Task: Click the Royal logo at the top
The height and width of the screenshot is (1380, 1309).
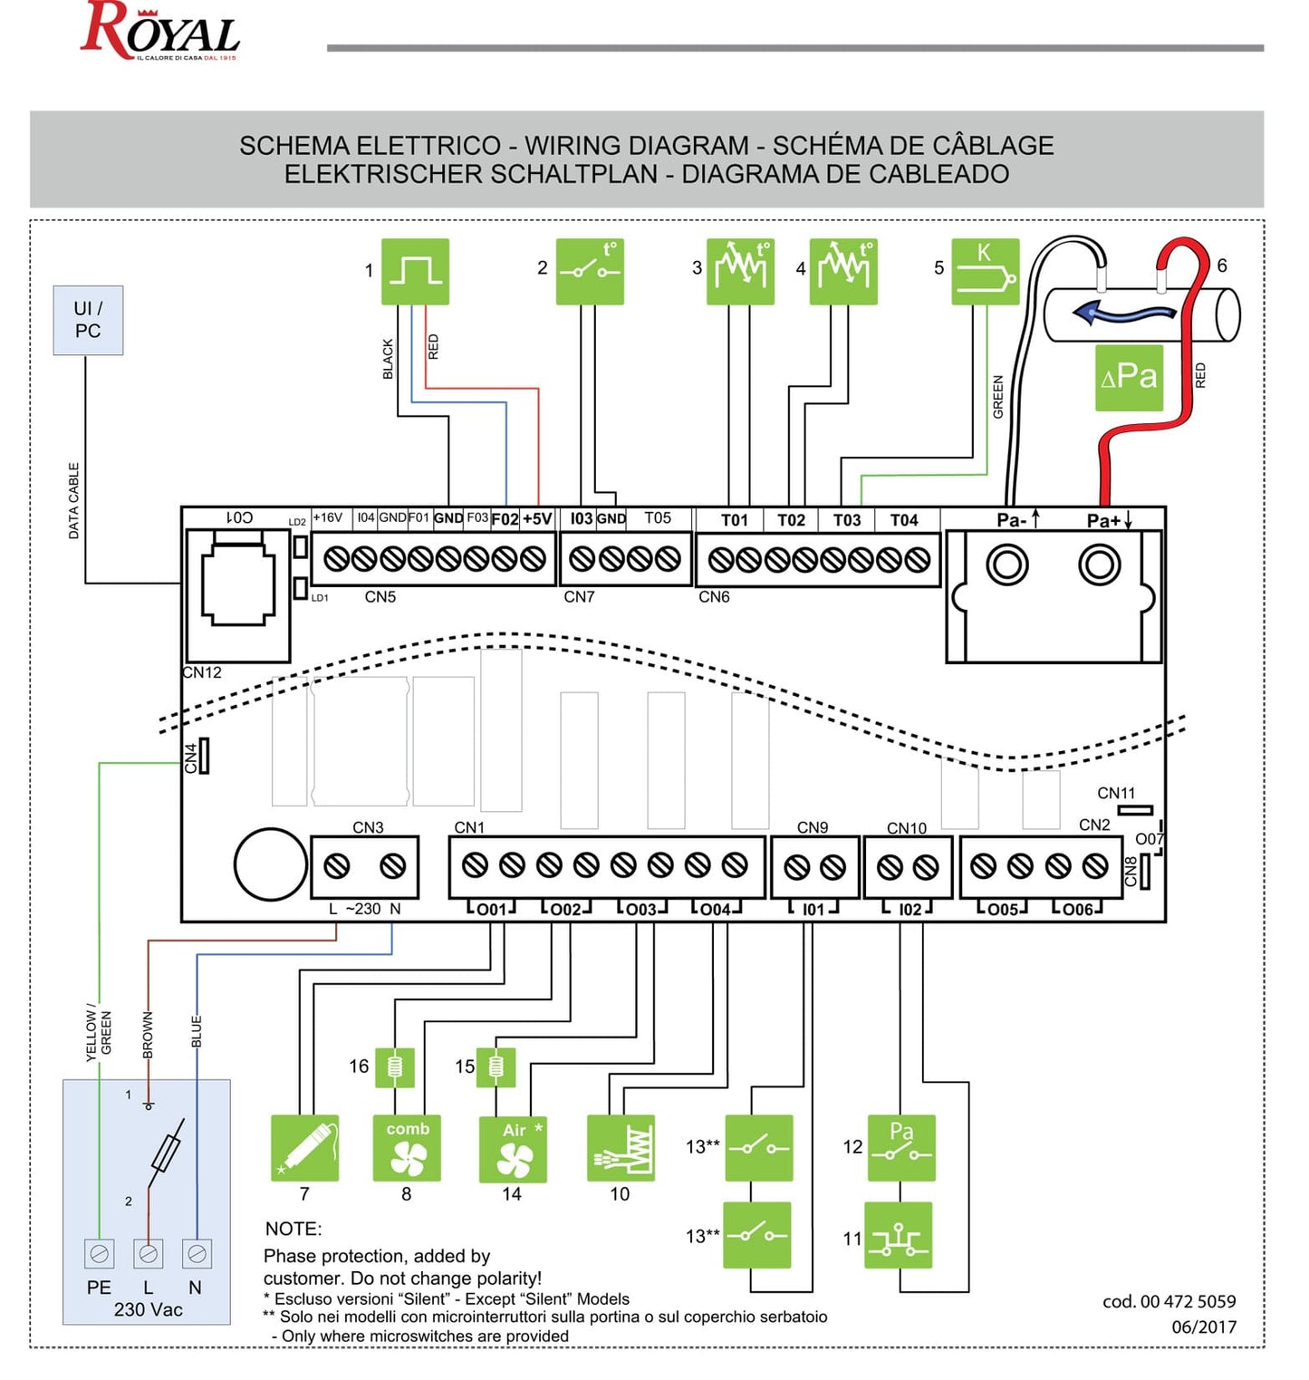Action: click(x=160, y=31)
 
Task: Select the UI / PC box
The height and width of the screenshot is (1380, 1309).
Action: click(x=88, y=320)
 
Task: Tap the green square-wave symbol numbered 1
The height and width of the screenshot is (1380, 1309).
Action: click(x=415, y=271)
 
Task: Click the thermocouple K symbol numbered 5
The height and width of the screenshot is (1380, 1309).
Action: click(x=985, y=271)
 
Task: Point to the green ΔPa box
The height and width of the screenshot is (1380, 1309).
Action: click(x=1129, y=377)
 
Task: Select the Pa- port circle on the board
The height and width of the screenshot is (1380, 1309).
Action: click(x=1007, y=565)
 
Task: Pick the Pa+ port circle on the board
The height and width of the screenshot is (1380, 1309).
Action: click(x=1100, y=565)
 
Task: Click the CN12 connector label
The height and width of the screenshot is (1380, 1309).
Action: click(x=201, y=672)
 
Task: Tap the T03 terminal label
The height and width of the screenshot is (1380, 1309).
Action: click(x=847, y=520)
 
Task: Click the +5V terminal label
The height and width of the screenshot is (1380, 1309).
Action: click(x=537, y=519)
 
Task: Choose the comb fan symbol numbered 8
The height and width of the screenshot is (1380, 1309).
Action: click(x=407, y=1147)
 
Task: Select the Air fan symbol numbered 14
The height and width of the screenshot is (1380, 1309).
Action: click(x=513, y=1149)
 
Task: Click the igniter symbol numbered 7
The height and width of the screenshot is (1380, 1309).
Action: click(x=305, y=1147)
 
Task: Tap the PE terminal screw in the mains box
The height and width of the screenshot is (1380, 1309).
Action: click(x=99, y=1253)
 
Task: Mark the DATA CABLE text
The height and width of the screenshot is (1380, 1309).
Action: click(x=73, y=501)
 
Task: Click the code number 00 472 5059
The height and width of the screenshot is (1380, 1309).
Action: click(x=1169, y=1301)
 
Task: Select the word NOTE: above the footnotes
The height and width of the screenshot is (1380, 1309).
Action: click(x=294, y=1229)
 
